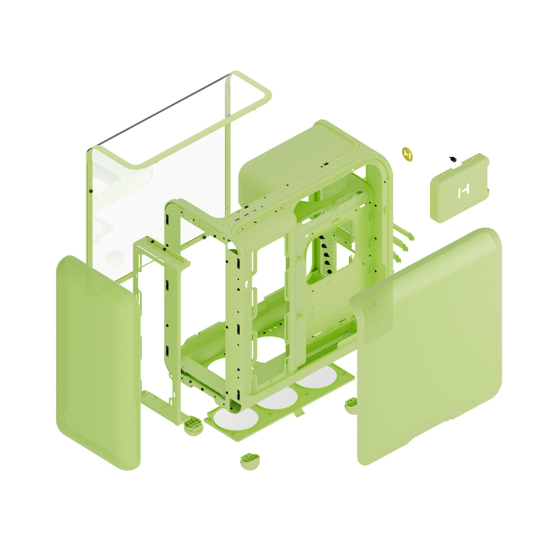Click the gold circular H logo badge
click(x=407, y=154)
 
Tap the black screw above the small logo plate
click(x=452, y=159)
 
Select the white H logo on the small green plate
click(x=464, y=192)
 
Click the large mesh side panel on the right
click(x=430, y=349)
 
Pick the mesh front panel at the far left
click(x=97, y=362)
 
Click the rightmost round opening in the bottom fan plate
click(x=316, y=380)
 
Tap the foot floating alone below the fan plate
click(x=250, y=461)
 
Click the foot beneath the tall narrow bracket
click(x=194, y=426)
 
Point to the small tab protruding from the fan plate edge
click(x=299, y=413)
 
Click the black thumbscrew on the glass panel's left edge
click(x=91, y=191)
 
